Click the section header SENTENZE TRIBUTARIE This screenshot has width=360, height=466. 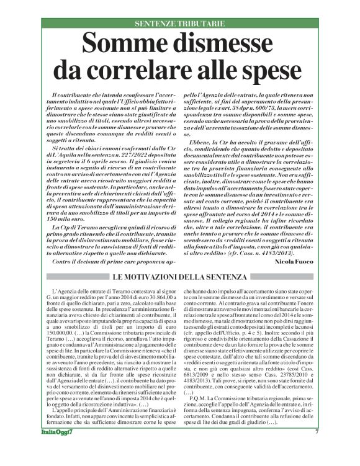coord(179,23)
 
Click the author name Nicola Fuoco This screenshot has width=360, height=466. coord(300,262)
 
